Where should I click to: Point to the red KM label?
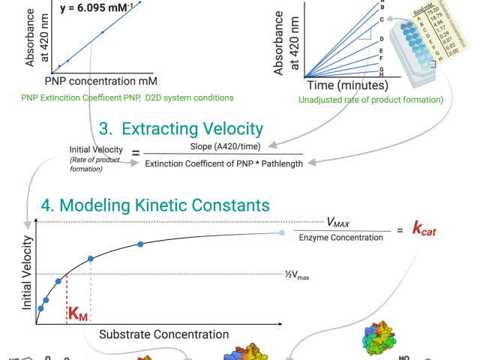78,313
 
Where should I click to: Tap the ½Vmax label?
297,276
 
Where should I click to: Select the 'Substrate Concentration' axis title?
164,334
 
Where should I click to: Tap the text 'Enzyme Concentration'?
335,238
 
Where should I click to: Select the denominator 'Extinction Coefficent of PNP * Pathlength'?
224,163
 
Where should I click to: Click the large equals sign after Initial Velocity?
135,154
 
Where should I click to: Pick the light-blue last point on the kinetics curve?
281,233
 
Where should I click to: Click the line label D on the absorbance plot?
382,39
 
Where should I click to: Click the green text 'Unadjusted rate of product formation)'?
371,99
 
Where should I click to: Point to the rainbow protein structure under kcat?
378,341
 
